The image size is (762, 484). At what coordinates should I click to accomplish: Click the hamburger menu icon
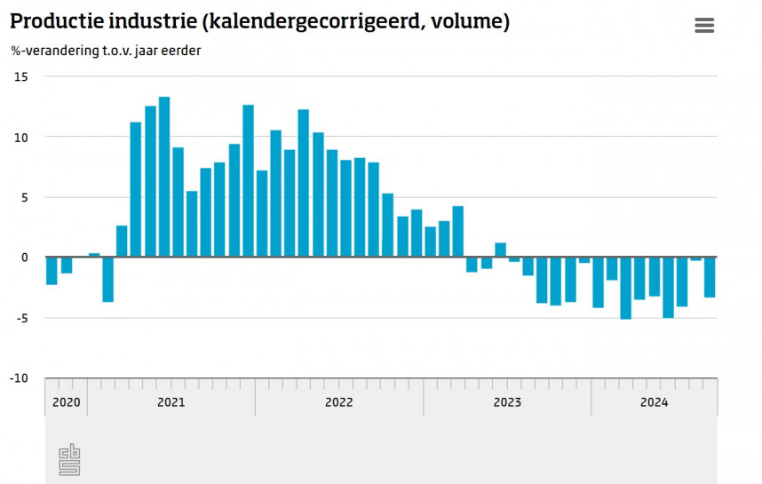click(704, 25)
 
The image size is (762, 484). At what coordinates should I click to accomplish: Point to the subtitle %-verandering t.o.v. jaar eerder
click(106, 51)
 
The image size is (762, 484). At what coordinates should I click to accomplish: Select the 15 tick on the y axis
click(20, 77)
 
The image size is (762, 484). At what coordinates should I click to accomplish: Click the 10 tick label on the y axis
click(20, 138)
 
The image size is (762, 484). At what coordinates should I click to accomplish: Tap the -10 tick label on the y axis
click(19, 378)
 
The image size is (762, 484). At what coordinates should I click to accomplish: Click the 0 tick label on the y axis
click(24, 258)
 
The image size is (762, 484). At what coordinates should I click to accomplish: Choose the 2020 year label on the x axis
click(66, 402)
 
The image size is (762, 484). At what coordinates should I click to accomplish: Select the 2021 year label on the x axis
click(171, 402)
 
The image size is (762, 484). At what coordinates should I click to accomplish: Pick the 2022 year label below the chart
click(338, 402)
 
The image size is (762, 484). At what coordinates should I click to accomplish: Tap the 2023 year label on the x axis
click(506, 402)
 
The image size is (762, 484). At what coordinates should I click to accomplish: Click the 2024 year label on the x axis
click(654, 402)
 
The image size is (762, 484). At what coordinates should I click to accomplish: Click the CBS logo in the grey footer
click(69, 458)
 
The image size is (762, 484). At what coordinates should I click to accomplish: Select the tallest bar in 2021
click(164, 178)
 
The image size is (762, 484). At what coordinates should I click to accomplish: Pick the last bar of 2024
click(710, 277)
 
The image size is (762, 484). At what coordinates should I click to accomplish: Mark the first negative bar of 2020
click(52, 271)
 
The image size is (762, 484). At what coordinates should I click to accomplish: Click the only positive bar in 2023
click(500, 250)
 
